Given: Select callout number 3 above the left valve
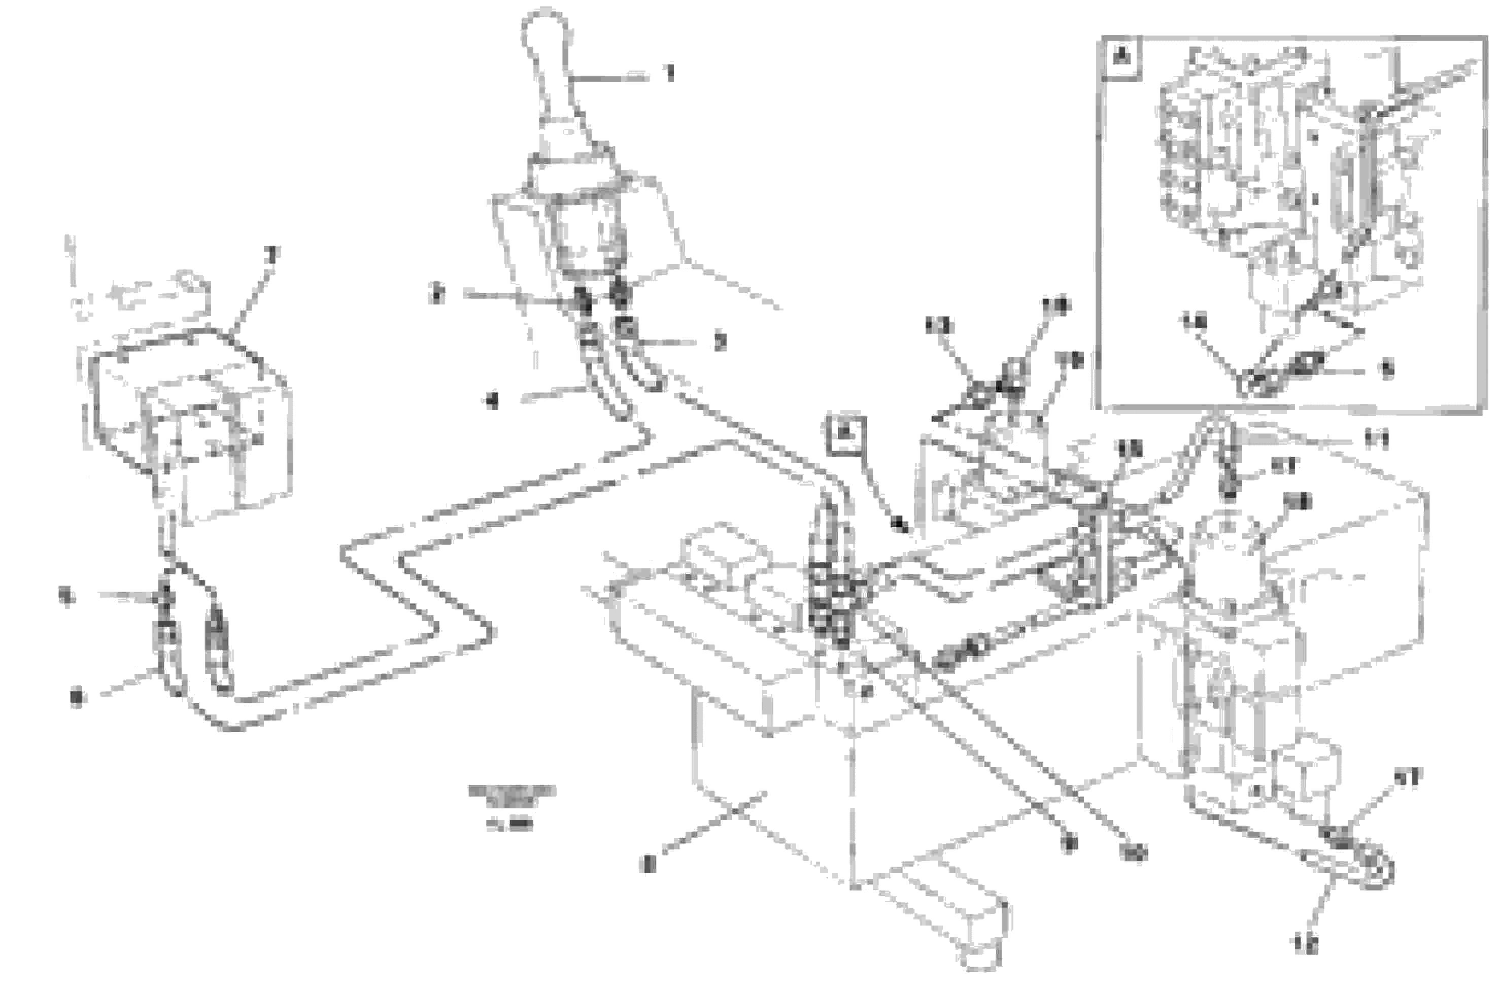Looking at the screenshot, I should (x=272, y=255).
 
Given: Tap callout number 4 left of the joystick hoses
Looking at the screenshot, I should (x=492, y=400).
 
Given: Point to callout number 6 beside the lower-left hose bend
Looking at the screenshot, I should (x=77, y=698).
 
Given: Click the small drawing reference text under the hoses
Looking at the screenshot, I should (x=512, y=807).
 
